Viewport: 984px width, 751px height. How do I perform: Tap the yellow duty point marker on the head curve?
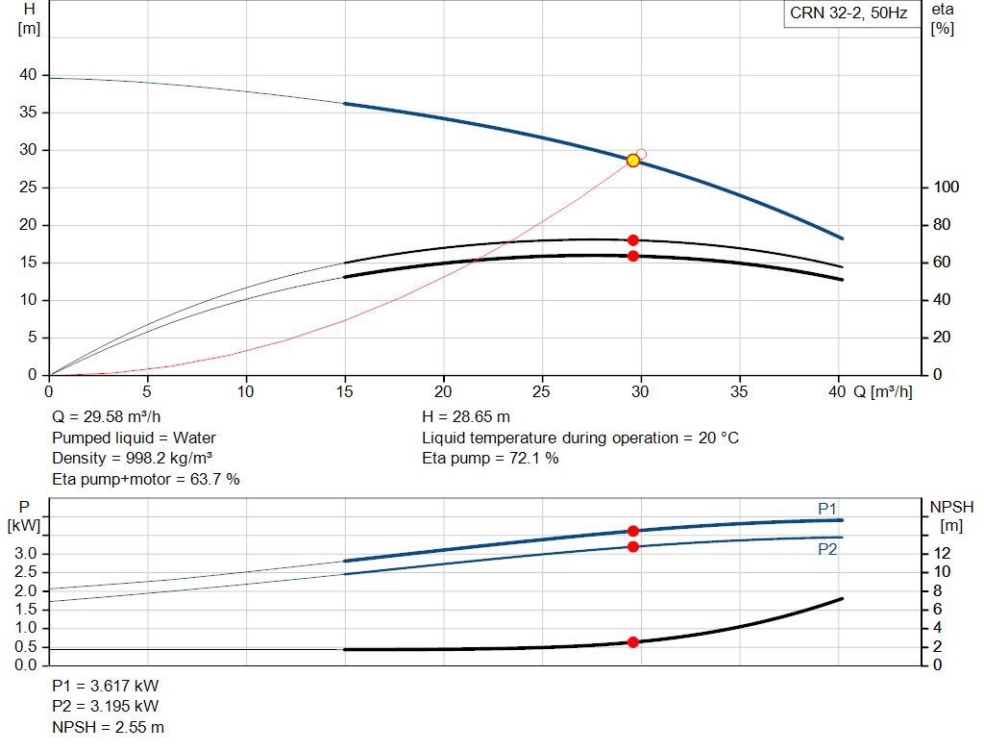tap(633, 161)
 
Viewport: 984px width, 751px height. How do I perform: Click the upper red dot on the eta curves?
tap(633, 240)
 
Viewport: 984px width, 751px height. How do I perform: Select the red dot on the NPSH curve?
tap(633, 642)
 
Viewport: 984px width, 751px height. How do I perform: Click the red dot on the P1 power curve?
tap(633, 531)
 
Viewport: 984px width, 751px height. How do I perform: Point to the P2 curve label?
tap(827, 549)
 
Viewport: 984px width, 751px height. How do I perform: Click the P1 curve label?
tap(827, 509)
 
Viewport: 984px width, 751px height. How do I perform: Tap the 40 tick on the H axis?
tap(28, 75)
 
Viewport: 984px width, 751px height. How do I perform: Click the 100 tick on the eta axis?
tap(946, 188)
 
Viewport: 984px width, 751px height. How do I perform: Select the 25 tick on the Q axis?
tap(541, 391)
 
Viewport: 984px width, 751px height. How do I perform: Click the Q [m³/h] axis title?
tap(883, 391)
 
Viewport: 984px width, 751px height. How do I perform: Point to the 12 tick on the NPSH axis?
tap(942, 553)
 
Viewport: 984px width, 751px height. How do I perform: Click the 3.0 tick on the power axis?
tap(26, 553)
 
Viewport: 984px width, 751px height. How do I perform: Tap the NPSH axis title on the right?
tap(951, 516)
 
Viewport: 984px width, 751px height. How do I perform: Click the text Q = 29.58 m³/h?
tap(106, 417)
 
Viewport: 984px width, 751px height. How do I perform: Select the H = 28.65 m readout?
tap(466, 417)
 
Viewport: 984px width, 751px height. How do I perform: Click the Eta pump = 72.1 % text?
tap(490, 459)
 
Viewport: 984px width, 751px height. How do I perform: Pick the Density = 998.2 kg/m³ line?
tap(132, 459)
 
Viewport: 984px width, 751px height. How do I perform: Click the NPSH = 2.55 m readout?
tap(108, 727)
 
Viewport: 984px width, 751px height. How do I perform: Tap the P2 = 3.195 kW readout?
tap(106, 707)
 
